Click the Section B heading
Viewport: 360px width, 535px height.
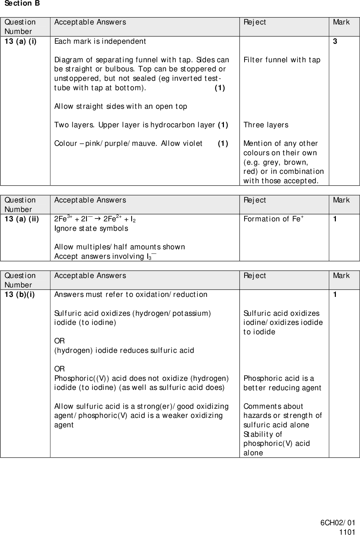click(22, 3)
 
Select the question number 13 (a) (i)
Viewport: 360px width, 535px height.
click(20, 41)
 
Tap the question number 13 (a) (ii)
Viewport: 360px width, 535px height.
click(21, 219)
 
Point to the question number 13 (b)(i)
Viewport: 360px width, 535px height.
click(20, 294)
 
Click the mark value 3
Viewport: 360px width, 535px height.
click(335, 41)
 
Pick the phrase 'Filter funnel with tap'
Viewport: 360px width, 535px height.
click(282, 60)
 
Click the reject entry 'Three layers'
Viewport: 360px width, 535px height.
click(266, 125)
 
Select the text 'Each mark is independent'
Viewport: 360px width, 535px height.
click(100, 41)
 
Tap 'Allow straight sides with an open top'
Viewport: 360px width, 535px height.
click(120, 106)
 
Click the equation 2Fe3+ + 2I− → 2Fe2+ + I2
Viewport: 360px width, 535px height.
click(95, 219)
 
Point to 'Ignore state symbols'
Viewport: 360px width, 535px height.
click(91, 228)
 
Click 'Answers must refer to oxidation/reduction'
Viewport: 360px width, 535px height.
click(130, 294)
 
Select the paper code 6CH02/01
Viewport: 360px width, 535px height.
click(338, 523)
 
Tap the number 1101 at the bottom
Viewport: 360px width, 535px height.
click(347, 532)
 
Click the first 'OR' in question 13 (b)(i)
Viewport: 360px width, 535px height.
click(59, 341)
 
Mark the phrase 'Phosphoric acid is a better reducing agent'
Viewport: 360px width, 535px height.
click(282, 383)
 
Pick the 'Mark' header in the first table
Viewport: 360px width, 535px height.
click(341, 22)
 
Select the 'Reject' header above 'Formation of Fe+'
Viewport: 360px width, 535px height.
click(254, 200)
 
